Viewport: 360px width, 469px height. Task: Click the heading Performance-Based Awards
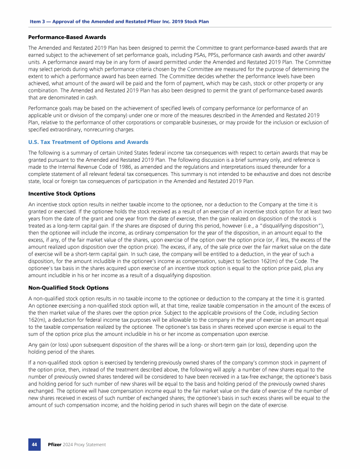pyautogui.click(x=67, y=37)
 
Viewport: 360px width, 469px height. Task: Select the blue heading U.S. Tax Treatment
pyautogui.click(x=88, y=142)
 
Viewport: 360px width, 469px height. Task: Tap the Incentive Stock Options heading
pyautogui.click(x=61, y=194)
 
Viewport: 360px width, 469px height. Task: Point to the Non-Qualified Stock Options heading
pyautogui.click(x=68, y=288)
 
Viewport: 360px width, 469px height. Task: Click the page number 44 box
pyautogui.click(x=35, y=444)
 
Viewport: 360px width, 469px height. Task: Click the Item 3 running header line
pyautogui.click(x=119, y=22)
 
